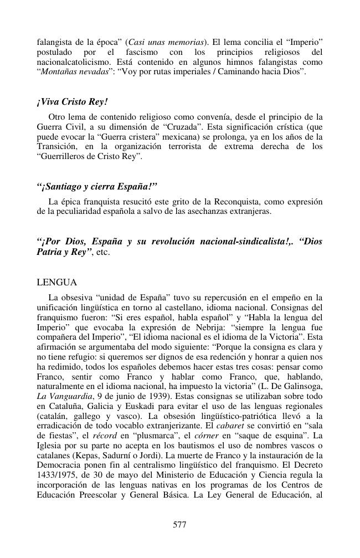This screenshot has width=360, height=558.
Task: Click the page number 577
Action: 179,525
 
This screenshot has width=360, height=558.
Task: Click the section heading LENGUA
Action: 56,283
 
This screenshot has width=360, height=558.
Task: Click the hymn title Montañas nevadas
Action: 72,72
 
